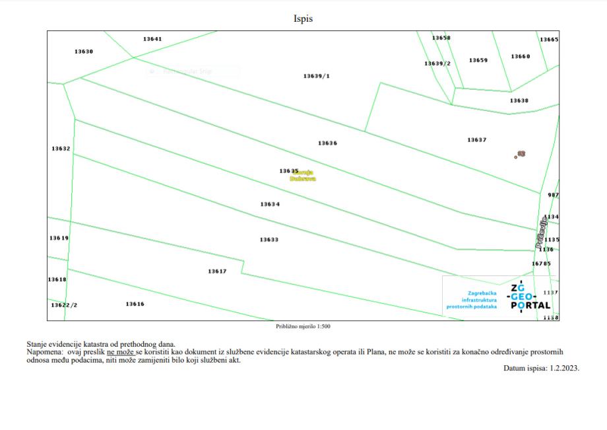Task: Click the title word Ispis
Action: [x=303, y=18]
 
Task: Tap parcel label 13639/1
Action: [x=317, y=76]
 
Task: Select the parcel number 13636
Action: [x=327, y=143]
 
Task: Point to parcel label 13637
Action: [x=476, y=140]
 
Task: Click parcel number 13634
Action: [x=270, y=205]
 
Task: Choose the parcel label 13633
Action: [x=269, y=240]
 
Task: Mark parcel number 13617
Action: [x=217, y=271]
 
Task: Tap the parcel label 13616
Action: [x=135, y=304]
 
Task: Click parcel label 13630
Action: [x=84, y=52]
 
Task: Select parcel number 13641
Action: [x=152, y=39]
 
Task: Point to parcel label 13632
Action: [x=61, y=149]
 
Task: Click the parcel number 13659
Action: [x=478, y=60]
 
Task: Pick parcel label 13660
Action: [x=520, y=57]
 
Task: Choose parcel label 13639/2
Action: [x=437, y=63]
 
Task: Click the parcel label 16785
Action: [x=541, y=264]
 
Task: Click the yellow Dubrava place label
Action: [x=298, y=178]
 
